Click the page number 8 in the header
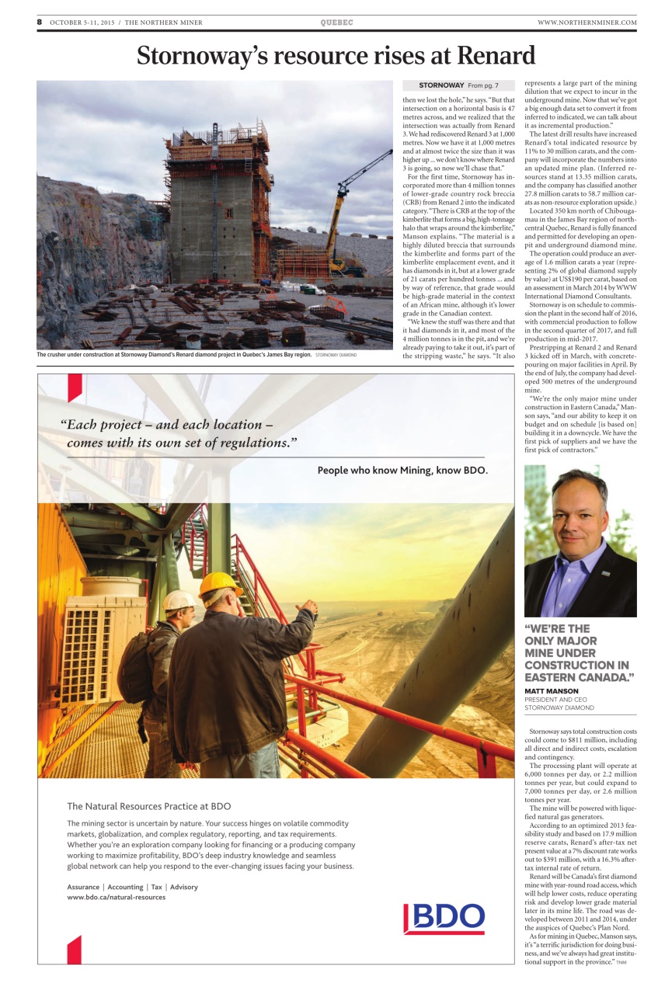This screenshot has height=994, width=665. click(x=40, y=23)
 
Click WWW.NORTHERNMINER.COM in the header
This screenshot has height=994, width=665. click(x=587, y=23)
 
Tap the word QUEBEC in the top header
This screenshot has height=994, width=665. click(x=336, y=23)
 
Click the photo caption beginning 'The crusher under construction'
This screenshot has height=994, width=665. click(x=175, y=355)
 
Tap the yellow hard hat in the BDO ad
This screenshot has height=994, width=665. click(x=219, y=584)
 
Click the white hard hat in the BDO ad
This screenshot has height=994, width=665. click(x=179, y=600)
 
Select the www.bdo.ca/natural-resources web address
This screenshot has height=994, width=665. click(x=117, y=897)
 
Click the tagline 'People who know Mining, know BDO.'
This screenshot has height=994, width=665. click(x=402, y=471)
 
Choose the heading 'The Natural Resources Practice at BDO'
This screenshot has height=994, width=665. click(x=149, y=806)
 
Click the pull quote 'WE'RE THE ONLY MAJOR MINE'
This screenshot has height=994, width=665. click(x=579, y=653)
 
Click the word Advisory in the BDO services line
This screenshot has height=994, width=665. click(x=184, y=887)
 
